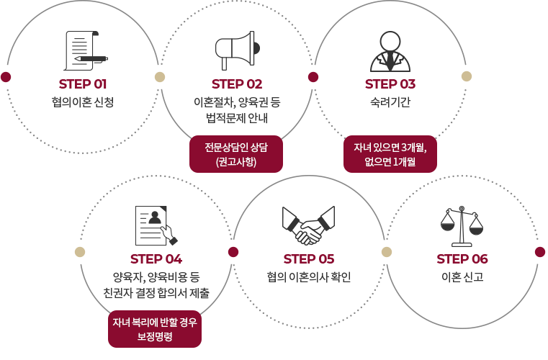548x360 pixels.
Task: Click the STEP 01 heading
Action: pyautogui.click(x=83, y=84)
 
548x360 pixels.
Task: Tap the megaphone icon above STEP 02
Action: pyautogui.click(x=238, y=50)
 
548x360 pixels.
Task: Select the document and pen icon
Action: pyautogui.click(x=86, y=50)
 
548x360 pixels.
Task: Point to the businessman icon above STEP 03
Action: pyautogui.click(x=390, y=51)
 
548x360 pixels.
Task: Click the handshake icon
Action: pyautogui.click(x=309, y=225)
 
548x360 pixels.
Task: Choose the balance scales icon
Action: pyautogui.click(x=462, y=226)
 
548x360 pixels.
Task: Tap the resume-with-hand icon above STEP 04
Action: pyautogui.click(x=156, y=225)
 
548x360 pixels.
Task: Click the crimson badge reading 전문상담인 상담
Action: pyautogui.click(x=236, y=154)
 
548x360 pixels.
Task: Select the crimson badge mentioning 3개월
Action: pyautogui.click(x=390, y=154)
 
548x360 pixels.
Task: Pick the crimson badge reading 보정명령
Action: pyautogui.click(x=155, y=329)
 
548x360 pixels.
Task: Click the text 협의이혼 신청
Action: pyautogui.click(x=83, y=102)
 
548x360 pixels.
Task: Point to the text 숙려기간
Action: pyautogui.click(x=390, y=102)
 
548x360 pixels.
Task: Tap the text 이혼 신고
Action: pyautogui.click(x=462, y=276)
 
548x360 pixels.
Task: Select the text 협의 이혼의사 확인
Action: pyautogui.click(x=309, y=276)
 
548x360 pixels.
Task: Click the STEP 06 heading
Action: pyautogui.click(x=462, y=259)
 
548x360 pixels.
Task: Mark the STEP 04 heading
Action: pyautogui.click(x=156, y=259)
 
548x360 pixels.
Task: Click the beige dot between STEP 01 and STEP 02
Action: pyautogui.click(x=160, y=77)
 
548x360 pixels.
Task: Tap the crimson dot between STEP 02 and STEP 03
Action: pyautogui.click(x=313, y=77)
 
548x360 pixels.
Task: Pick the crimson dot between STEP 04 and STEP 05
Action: pyautogui.click(x=233, y=252)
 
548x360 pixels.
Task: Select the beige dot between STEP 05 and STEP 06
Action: pyautogui.click(x=387, y=252)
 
